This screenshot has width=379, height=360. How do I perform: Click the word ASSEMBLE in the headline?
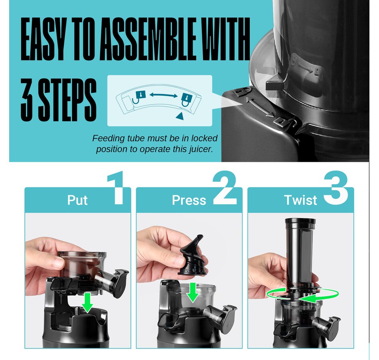pos(148,39)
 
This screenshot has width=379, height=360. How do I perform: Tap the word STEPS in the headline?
pos(67,100)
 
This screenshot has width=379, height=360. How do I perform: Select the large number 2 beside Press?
pos(225,188)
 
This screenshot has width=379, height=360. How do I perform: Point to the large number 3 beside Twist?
pos(336,188)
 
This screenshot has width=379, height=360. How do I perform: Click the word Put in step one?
pos(77,200)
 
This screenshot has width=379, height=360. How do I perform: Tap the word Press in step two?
pos(189,200)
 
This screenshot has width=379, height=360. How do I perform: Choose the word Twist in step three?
pos(300,200)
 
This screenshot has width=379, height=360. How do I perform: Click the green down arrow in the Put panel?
pos(87,303)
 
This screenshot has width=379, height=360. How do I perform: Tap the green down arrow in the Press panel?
pos(193,292)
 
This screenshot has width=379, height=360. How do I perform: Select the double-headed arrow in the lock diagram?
pos(164,95)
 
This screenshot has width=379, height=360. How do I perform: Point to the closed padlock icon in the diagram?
pos(187,99)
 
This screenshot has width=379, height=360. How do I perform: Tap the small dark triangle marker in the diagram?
pos(180,116)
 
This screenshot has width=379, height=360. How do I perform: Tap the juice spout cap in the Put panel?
pos(120,283)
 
